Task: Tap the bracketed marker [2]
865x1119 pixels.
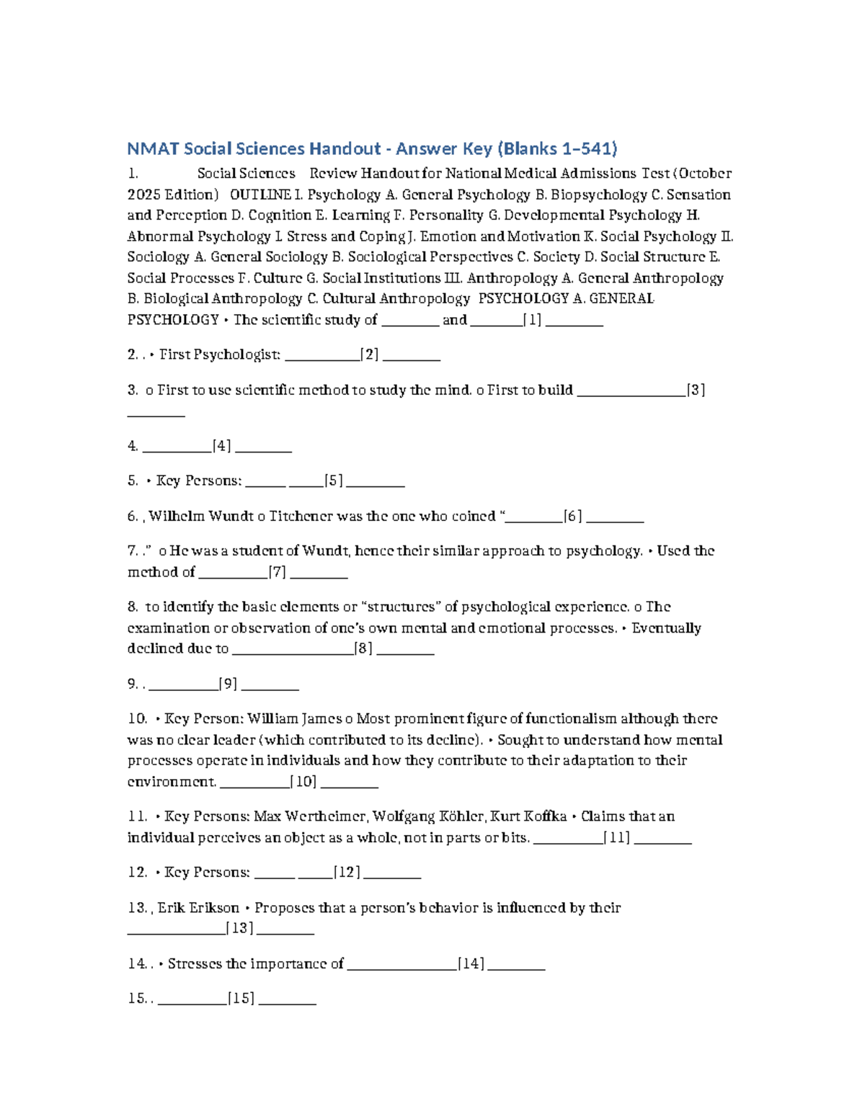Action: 370,355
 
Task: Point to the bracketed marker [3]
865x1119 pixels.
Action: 696,390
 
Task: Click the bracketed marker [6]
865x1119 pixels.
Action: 573,516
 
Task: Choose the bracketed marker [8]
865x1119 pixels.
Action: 364,648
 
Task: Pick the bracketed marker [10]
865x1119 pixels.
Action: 303,782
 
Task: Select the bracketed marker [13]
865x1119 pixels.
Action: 240,928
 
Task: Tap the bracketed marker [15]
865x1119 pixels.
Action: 241,999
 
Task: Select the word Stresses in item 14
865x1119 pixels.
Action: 195,963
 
